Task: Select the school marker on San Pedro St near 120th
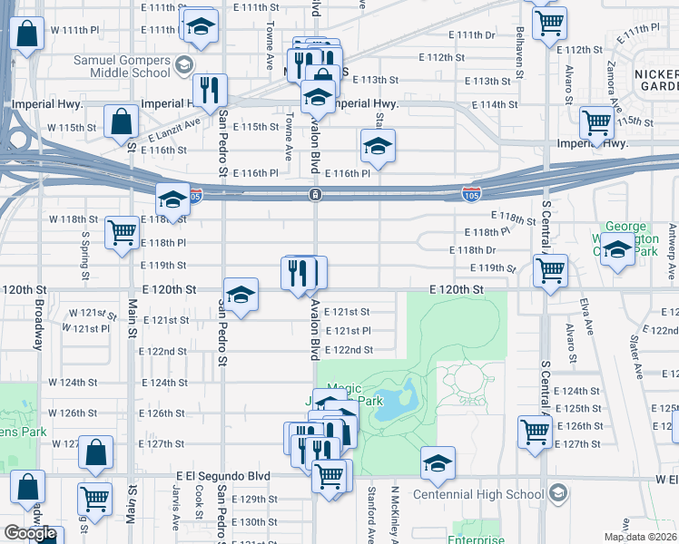(x=241, y=294)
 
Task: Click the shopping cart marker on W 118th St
(x=122, y=232)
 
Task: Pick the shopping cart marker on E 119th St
(x=550, y=268)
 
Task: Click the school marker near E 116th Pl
(x=378, y=145)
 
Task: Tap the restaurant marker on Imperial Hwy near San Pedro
(x=210, y=90)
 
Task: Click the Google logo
(x=30, y=533)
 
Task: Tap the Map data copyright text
(x=641, y=537)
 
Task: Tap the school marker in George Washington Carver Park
(x=618, y=248)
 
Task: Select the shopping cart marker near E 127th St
(x=535, y=432)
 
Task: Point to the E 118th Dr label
(x=472, y=250)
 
